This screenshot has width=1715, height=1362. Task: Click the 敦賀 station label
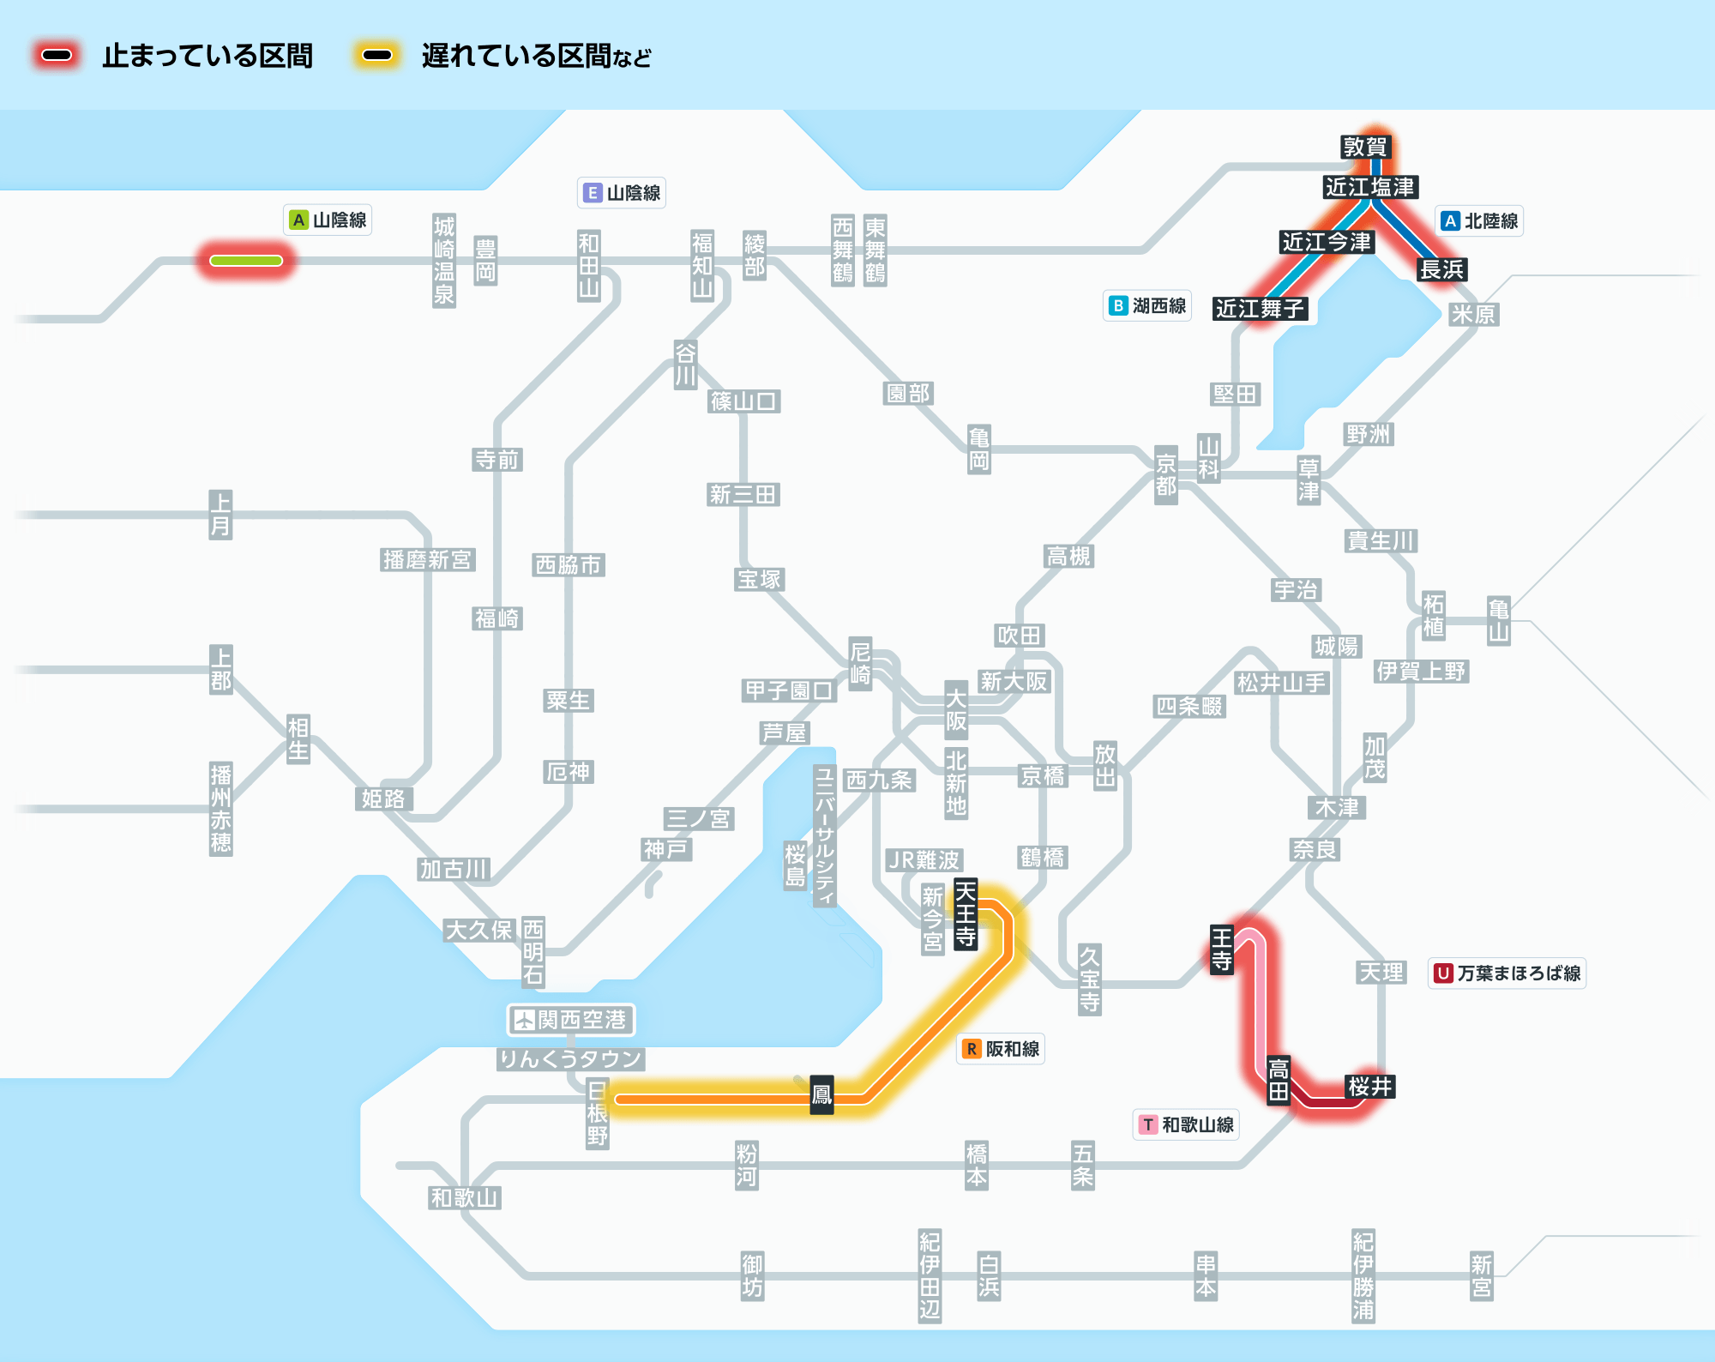(x=1364, y=147)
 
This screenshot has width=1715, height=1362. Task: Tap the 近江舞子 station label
(x=1260, y=308)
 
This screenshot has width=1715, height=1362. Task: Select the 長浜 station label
(x=1441, y=269)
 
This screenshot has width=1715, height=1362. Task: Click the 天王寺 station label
(x=966, y=913)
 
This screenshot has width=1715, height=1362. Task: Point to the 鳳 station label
(x=821, y=1094)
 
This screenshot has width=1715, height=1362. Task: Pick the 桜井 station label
(x=1369, y=1087)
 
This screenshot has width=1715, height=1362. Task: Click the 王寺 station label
(x=1221, y=949)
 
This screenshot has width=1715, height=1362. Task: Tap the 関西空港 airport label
(x=570, y=1020)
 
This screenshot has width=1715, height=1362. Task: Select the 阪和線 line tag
(x=1001, y=1049)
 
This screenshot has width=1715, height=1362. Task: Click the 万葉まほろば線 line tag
(x=1507, y=973)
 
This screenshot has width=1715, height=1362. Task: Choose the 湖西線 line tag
(x=1147, y=306)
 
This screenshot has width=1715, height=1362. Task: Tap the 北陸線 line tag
(x=1479, y=221)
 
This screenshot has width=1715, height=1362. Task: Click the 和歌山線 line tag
(x=1186, y=1124)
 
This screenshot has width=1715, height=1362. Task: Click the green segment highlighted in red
(x=246, y=261)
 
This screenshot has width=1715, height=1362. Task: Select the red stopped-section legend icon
(x=57, y=56)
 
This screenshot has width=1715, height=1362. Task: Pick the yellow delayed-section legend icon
(x=377, y=56)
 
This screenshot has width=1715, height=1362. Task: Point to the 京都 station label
(x=1165, y=475)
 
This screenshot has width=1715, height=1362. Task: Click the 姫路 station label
(x=383, y=799)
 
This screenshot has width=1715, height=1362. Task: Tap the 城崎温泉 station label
(x=443, y=261)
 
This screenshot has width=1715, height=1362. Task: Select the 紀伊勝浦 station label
(x=1363, y=1275)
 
